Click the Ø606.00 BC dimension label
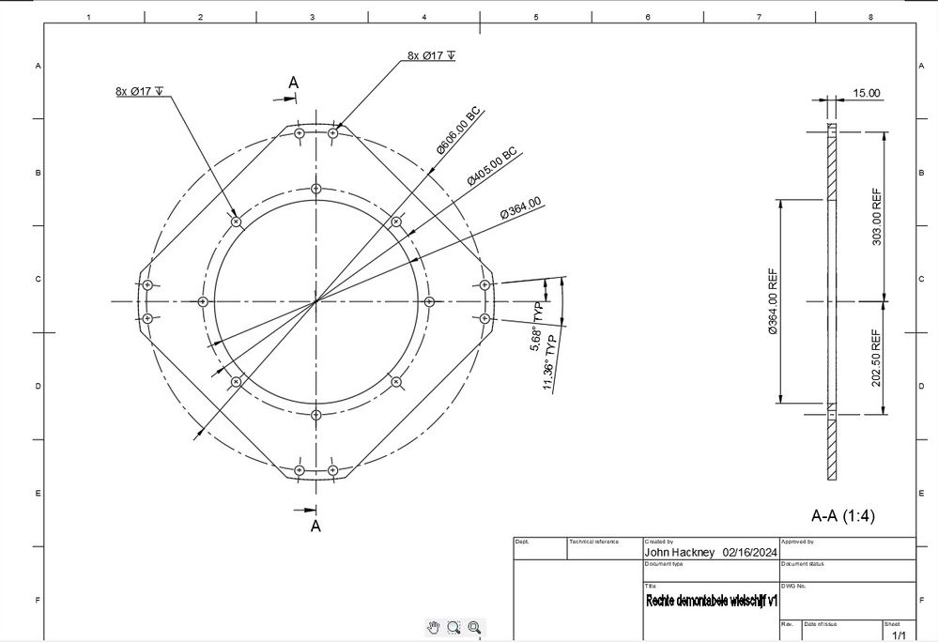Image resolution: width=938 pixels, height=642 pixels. pos(458,130)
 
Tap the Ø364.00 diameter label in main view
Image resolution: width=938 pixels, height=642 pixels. pos(520,207)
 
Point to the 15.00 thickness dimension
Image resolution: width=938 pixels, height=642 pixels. pos(866,93)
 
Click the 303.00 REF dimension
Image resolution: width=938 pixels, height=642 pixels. pos(877,217)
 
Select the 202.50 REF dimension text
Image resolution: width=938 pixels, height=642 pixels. pos(877,358)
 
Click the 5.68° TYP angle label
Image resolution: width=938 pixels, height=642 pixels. pos(539,327)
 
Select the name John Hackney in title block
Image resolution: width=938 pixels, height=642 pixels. pos(680,553)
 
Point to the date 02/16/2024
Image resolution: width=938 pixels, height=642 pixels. pos(750,553)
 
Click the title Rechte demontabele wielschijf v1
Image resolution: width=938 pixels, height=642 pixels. pos(711,600)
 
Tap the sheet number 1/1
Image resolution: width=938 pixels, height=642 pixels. pos(899,635)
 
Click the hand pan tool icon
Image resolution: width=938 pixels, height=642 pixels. pos(433,627)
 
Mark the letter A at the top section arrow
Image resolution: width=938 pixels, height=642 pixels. pos(293,84)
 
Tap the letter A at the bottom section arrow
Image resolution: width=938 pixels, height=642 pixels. pos(315,526)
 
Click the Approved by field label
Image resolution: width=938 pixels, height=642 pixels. pos(797,542)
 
